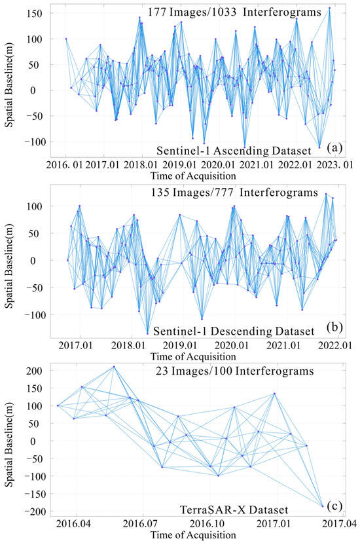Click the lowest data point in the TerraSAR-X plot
(323, 506)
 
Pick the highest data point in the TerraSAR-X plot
(114, 367)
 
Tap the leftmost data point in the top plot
(66, 39)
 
